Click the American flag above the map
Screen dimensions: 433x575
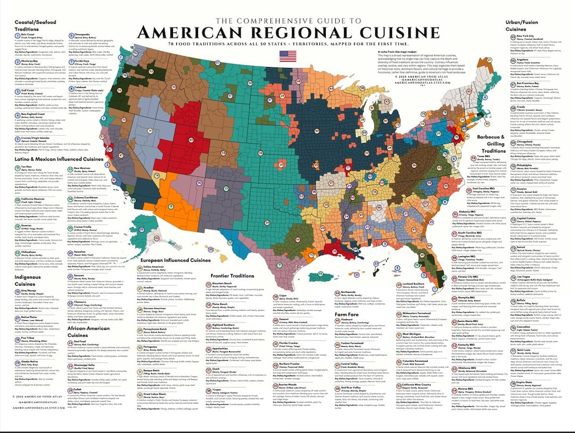point(288,55)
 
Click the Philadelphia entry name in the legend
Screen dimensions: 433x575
point(528,165)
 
